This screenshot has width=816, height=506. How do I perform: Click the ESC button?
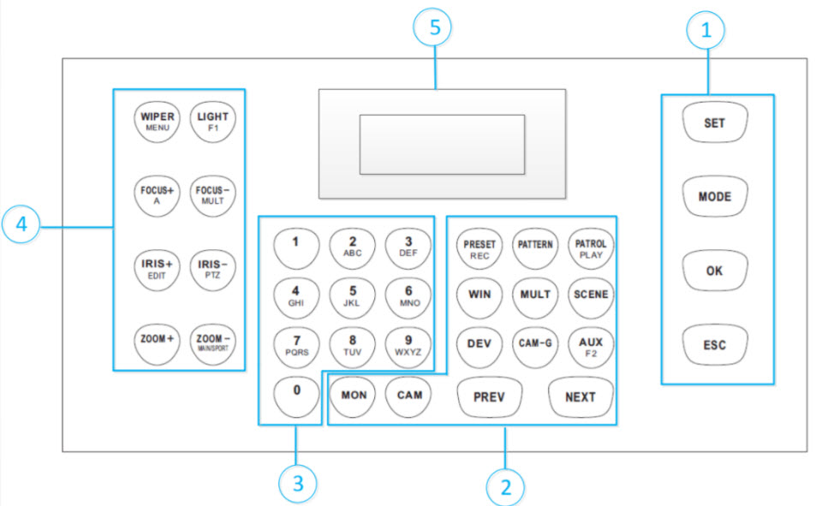tap(715, 345)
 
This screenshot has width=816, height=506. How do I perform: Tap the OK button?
tap(715, 271)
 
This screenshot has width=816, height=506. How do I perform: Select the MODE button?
tap(715, 196)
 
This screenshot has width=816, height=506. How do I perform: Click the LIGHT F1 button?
tap(213, 121)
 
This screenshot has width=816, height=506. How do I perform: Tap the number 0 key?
tap(296, 394)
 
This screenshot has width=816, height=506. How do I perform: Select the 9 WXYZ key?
tap(408, 344)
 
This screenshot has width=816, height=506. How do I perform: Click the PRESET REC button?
tap(479, 247)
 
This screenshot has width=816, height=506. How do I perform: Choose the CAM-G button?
tap(535, 344)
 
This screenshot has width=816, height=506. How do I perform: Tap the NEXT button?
tap(581, 396)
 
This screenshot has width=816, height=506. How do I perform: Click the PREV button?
tap(488, 396)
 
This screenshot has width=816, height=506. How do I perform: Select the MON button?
tap(353, 396)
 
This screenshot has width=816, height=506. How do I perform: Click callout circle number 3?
tap(298, 484)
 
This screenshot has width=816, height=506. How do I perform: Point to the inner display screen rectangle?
tap(441, 144)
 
